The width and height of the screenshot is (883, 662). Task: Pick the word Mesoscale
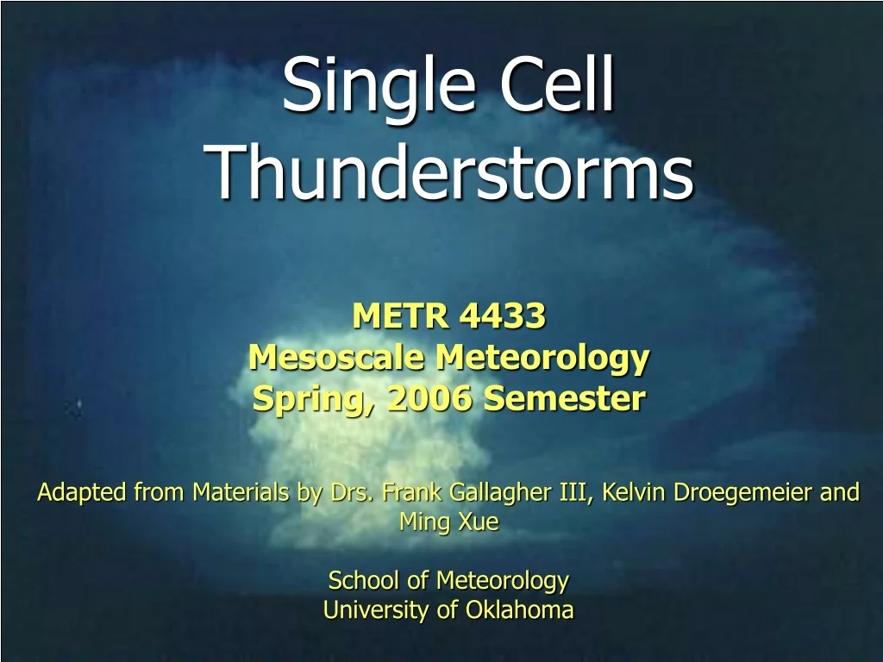pyautogui.click(x=337, y=358)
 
